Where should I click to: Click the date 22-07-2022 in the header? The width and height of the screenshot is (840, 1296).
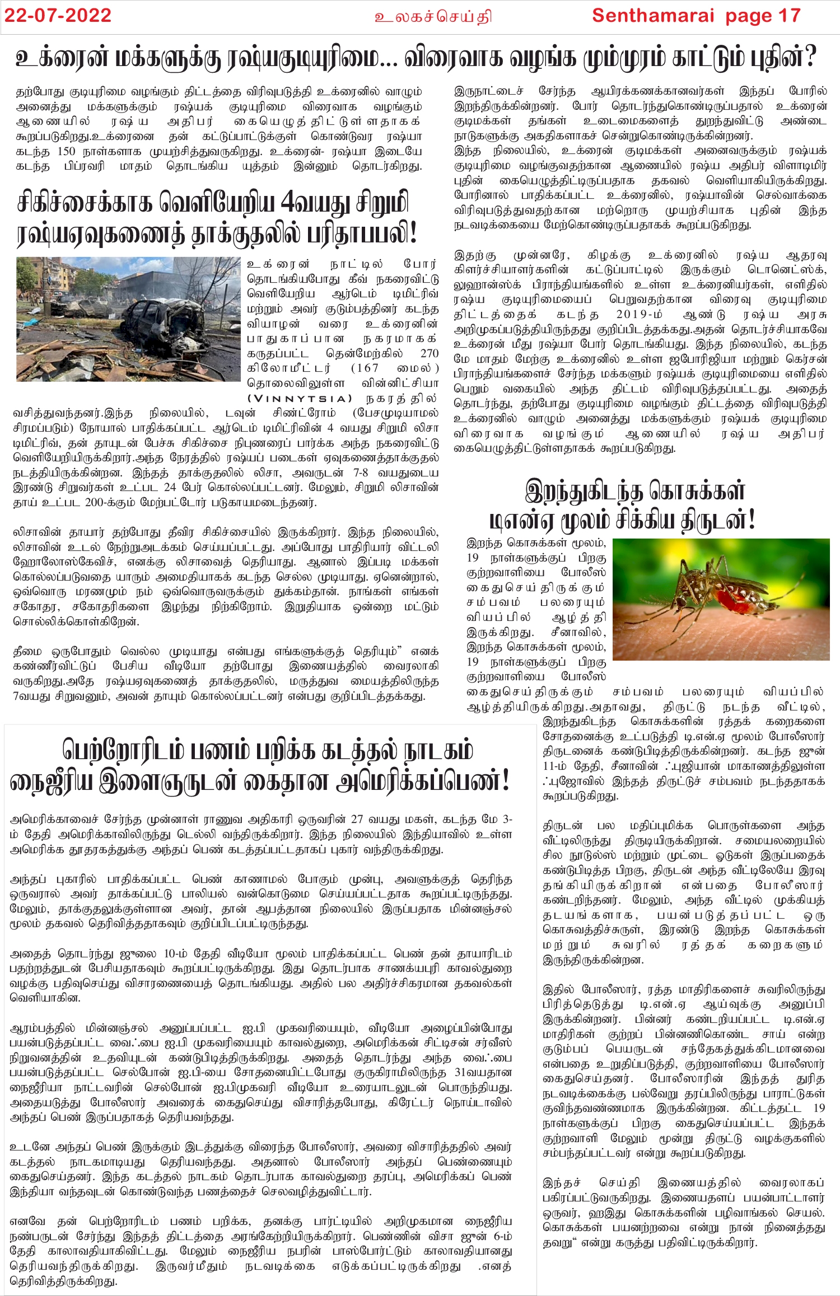pyautogui.click(x=58, y=16)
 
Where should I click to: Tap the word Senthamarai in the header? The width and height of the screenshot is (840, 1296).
pyautogui.click(x=653, y=16)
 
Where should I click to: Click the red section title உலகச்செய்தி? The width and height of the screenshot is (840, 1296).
pyautogui.click(x=433, y=17)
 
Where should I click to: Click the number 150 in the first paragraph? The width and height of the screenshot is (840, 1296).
pyautogui.click(x=66, y=152)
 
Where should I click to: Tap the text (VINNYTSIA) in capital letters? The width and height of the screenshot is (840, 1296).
pyautogui.click(x=300, y=399)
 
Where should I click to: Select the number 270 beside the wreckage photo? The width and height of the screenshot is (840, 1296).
pyautogui.click(x=429, y=353)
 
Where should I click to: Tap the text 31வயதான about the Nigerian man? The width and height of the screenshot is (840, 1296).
pyautogui.click(x=483, y=1073)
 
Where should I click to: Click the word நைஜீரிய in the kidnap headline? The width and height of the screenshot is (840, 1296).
pyautogui.click(x=50, y=782)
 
